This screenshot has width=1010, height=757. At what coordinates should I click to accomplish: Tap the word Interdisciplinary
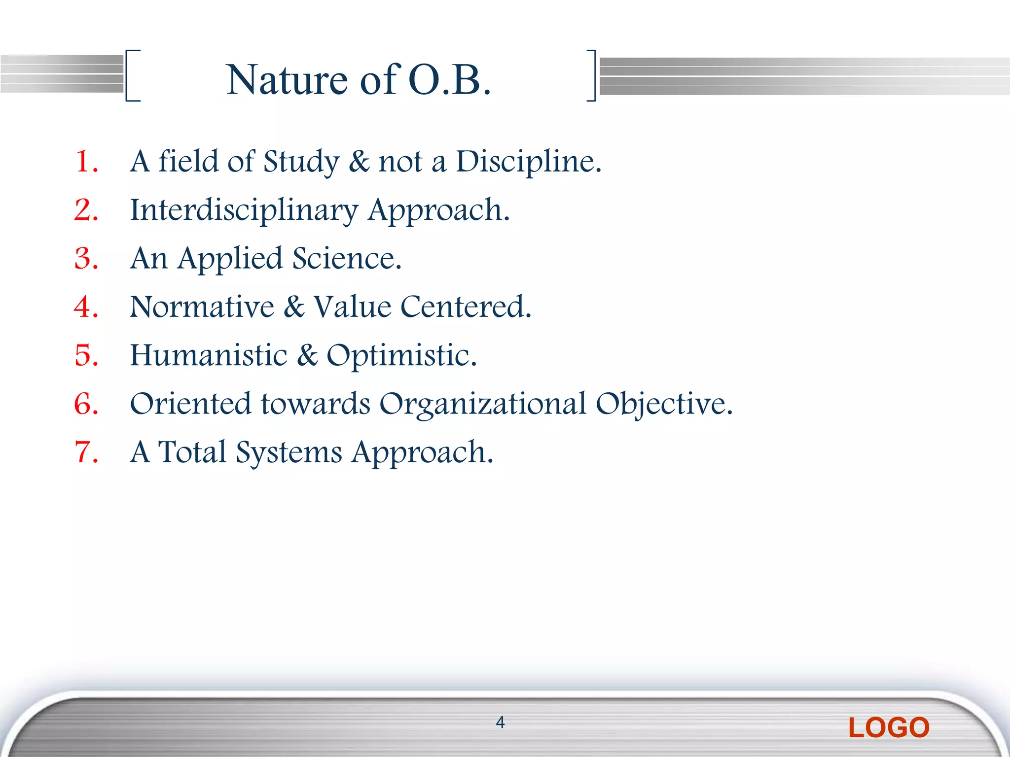click(x=244, y=210)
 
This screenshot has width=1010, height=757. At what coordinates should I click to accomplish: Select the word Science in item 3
click(x=347, y=259)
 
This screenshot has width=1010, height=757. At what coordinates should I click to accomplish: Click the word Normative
click(x=202, y=307)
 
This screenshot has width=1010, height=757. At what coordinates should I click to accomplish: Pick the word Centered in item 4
click(x=466, y=307)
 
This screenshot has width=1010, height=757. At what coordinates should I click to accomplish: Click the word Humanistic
click(x=208, y=355)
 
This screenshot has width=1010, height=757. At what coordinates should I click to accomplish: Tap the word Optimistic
click(x=401, y=355)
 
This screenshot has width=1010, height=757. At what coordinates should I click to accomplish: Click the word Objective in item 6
click(x=664, y=404)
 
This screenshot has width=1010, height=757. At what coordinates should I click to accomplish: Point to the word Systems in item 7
click(x=289, y=452)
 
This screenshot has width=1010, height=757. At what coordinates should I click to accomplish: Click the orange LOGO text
click(x=889, y=728)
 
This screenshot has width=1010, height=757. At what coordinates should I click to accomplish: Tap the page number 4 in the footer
click(x=500, y=723)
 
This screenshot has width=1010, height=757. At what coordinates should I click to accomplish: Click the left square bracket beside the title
click(x=132, y=75)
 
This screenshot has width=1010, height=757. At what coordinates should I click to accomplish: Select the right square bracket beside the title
click(x=591, y=75)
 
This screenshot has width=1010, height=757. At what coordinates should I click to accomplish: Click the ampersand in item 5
click(x=307, y=355)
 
